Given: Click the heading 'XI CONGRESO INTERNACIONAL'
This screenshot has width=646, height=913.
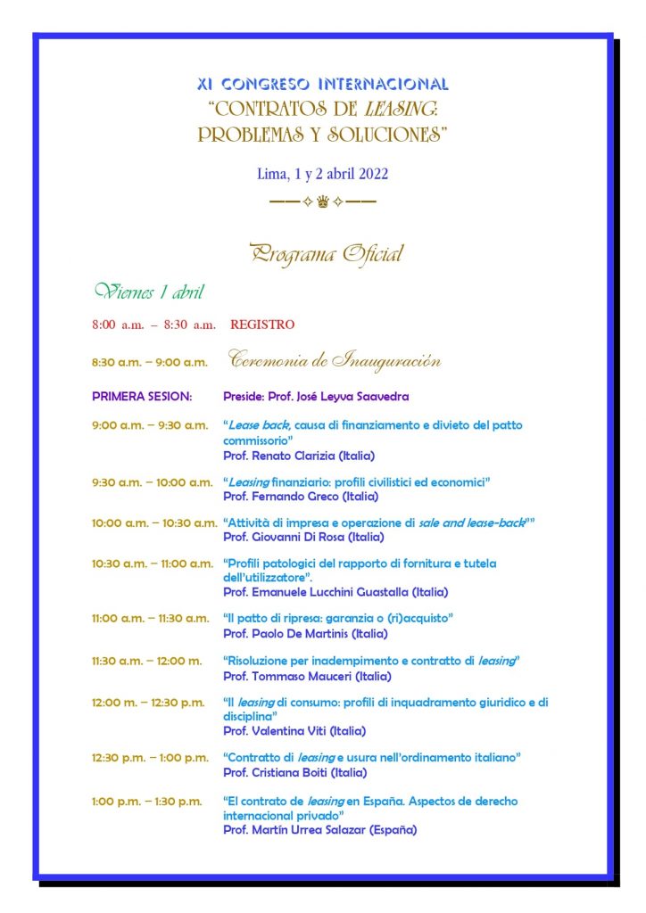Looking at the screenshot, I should pos(322,85).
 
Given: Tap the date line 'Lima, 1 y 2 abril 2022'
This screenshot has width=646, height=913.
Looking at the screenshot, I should pos(322,174).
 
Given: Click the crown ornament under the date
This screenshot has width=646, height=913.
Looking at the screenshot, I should pos(322,202).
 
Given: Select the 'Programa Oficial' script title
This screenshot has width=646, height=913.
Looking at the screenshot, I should pos(327,254).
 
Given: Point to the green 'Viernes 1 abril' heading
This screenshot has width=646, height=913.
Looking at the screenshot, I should pos(149,292).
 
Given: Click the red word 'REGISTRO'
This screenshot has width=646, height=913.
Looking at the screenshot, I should pos(262,325).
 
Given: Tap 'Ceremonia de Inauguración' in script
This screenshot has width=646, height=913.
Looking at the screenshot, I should pos(335,361).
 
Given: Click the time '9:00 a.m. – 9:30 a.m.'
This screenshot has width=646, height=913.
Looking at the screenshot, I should pos(149,425).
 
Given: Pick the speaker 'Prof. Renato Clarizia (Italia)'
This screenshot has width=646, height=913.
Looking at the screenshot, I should pos(299,456).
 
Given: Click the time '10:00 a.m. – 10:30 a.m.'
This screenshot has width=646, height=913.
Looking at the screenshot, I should pos(154,522).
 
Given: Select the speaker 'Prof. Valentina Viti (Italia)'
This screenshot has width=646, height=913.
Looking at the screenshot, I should pos(294,731).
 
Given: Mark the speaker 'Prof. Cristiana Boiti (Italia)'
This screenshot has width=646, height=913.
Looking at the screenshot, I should pos(294,772).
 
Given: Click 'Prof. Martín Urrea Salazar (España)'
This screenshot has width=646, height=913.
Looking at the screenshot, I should pos(319,829).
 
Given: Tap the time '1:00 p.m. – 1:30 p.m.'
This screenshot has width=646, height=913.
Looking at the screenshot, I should pos(147,802).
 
